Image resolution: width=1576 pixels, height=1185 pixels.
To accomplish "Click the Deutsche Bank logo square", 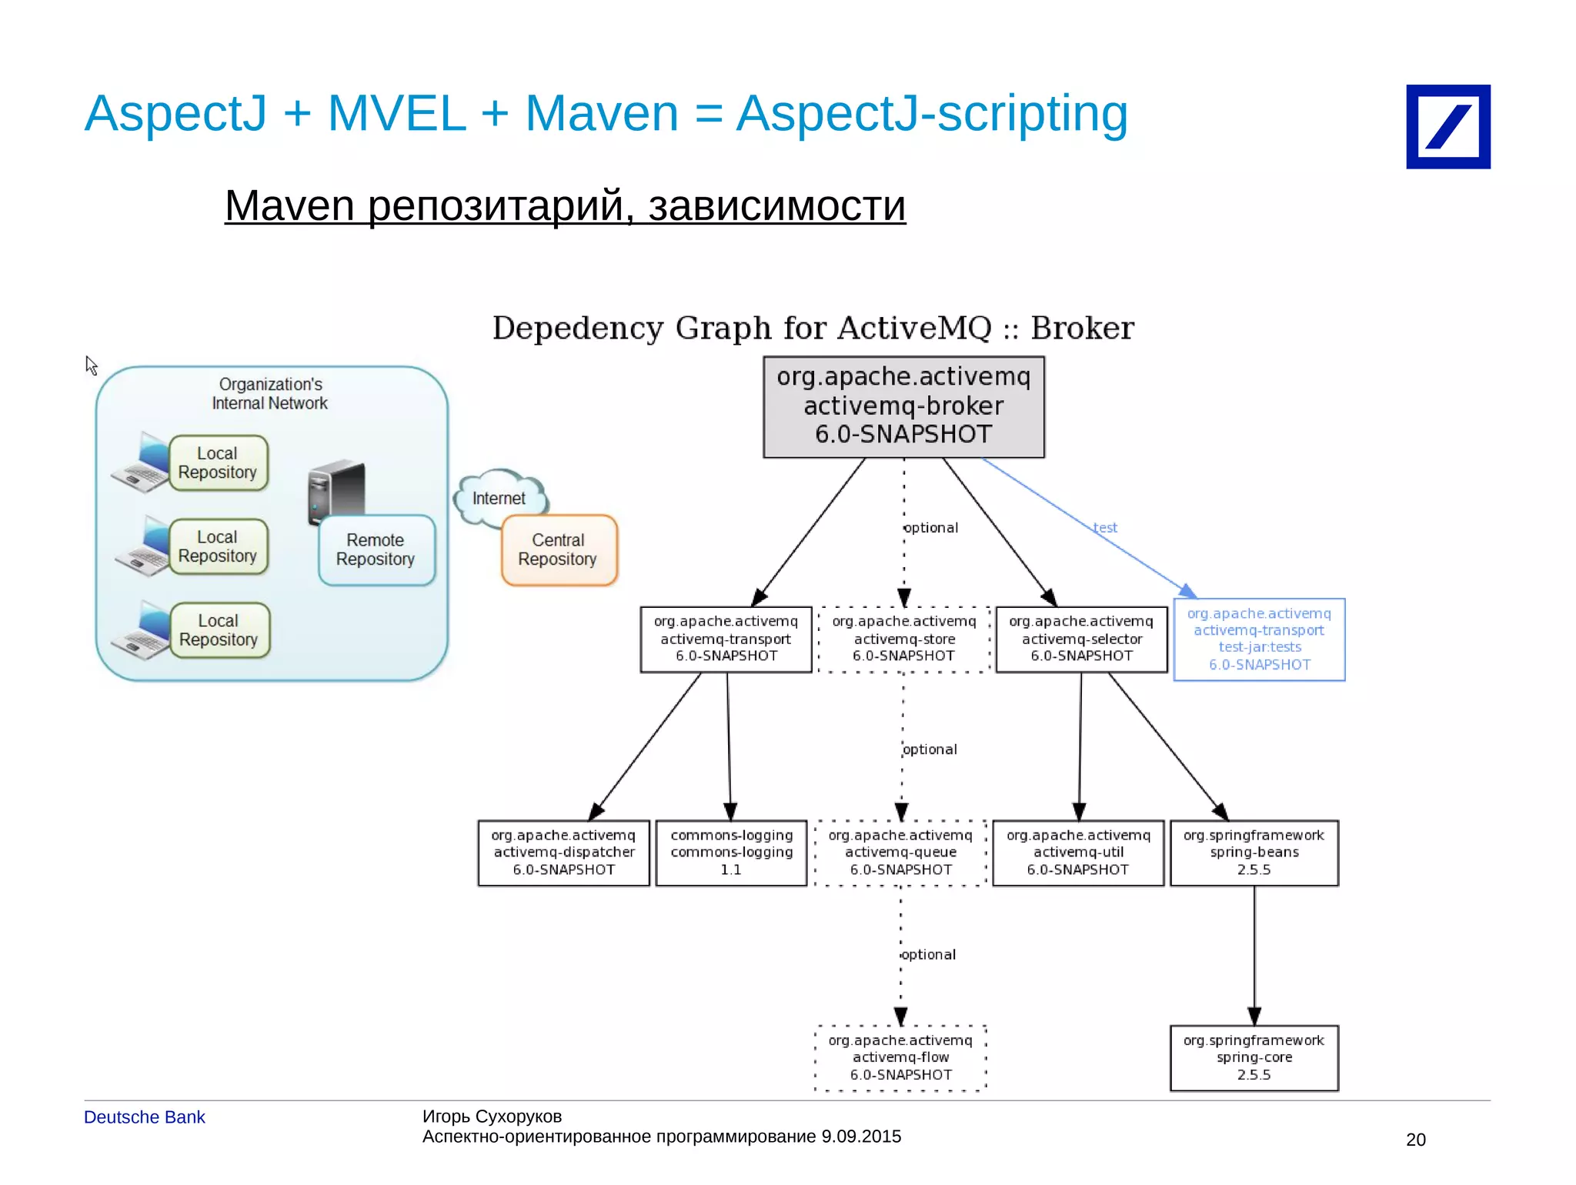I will (x=1447, y=127).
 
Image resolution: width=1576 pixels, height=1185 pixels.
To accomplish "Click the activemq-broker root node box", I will (x=903, y=406).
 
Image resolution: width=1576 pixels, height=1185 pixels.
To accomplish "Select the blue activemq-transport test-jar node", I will (x=1259, y=639).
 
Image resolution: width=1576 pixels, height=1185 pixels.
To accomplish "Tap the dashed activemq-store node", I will (x=903, y=639).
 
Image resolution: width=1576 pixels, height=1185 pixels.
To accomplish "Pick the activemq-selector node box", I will (x=1081, y=639).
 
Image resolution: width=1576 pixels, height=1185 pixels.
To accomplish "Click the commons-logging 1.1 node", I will (x=731, y=853).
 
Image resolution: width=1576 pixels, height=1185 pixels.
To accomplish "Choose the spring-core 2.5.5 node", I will (x=1254, y=1058).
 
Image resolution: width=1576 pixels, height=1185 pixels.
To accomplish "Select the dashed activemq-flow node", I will (x=900, y=1058).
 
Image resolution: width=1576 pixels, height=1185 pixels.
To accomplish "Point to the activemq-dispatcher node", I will (x=563, y=853).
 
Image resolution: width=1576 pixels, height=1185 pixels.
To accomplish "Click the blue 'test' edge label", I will (x=1105, y=528).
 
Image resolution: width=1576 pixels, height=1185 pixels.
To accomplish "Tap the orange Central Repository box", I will (x=559, y=550).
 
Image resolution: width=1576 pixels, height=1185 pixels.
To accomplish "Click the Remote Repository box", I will (x=376, y=550).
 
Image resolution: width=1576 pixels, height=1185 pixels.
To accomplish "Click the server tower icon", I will (x=336, y=489).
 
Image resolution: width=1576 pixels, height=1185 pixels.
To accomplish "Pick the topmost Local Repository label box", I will (x=218, y=463).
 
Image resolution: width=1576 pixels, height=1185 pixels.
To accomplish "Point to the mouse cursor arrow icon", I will (x=91, y=366).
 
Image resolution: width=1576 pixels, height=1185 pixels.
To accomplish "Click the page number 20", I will (x=1415, y=1140).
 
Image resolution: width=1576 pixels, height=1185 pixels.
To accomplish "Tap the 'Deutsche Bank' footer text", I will (x=144, y=1117).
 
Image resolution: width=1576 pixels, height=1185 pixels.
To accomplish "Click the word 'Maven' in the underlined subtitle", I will (x=289, y=206).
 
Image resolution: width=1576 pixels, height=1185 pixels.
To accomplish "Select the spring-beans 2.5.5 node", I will (x=1254, y=853).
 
